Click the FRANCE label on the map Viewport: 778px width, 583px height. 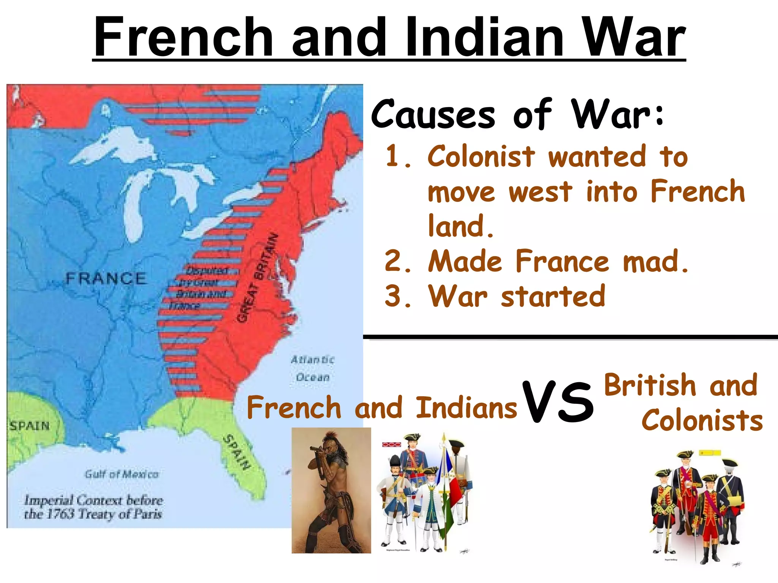106,279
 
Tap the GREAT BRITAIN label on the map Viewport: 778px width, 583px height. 258,278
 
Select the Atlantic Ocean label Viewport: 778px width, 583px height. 313,368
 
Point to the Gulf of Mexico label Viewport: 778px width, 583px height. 122,474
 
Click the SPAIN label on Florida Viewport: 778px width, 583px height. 237,452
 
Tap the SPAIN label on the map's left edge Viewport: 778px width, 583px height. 30,425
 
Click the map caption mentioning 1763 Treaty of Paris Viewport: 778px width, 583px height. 93,507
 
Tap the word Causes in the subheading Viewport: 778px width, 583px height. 433,114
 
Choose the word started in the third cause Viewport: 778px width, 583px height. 553,296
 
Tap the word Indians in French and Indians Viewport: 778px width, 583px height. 466,407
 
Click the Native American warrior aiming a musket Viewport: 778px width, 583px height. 331,490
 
